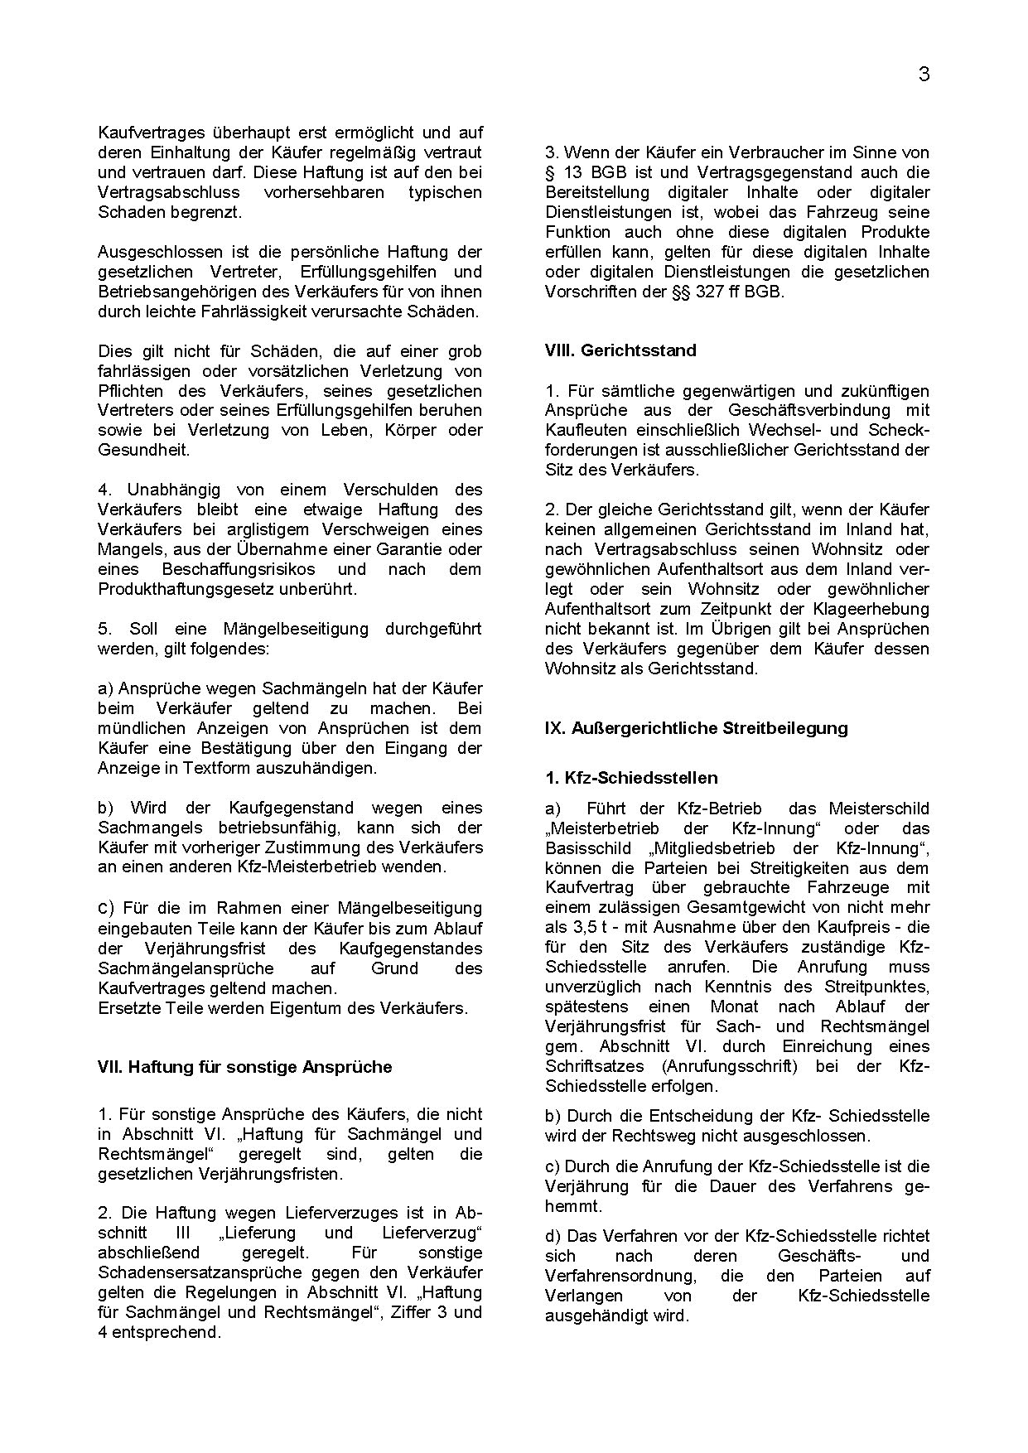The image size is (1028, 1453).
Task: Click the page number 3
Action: (x=924, y=75)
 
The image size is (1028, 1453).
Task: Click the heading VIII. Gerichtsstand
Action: (x=620, y=350)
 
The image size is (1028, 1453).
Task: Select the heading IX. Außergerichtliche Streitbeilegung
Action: (x=696, y=728)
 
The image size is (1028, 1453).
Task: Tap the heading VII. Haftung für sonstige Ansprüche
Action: (x=244, y=1067)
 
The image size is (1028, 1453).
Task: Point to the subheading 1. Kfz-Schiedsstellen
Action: (x=631, y=778)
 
